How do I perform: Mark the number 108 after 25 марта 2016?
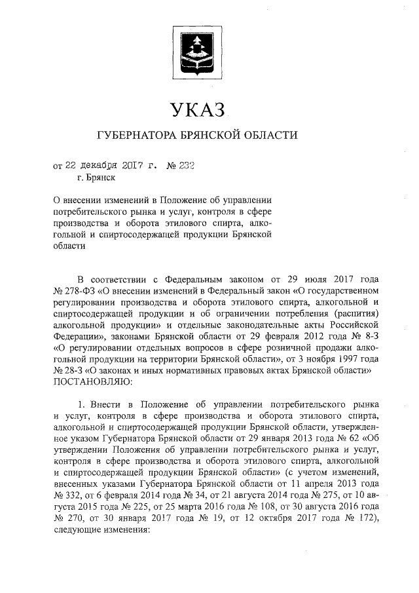[x=263, y=509]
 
